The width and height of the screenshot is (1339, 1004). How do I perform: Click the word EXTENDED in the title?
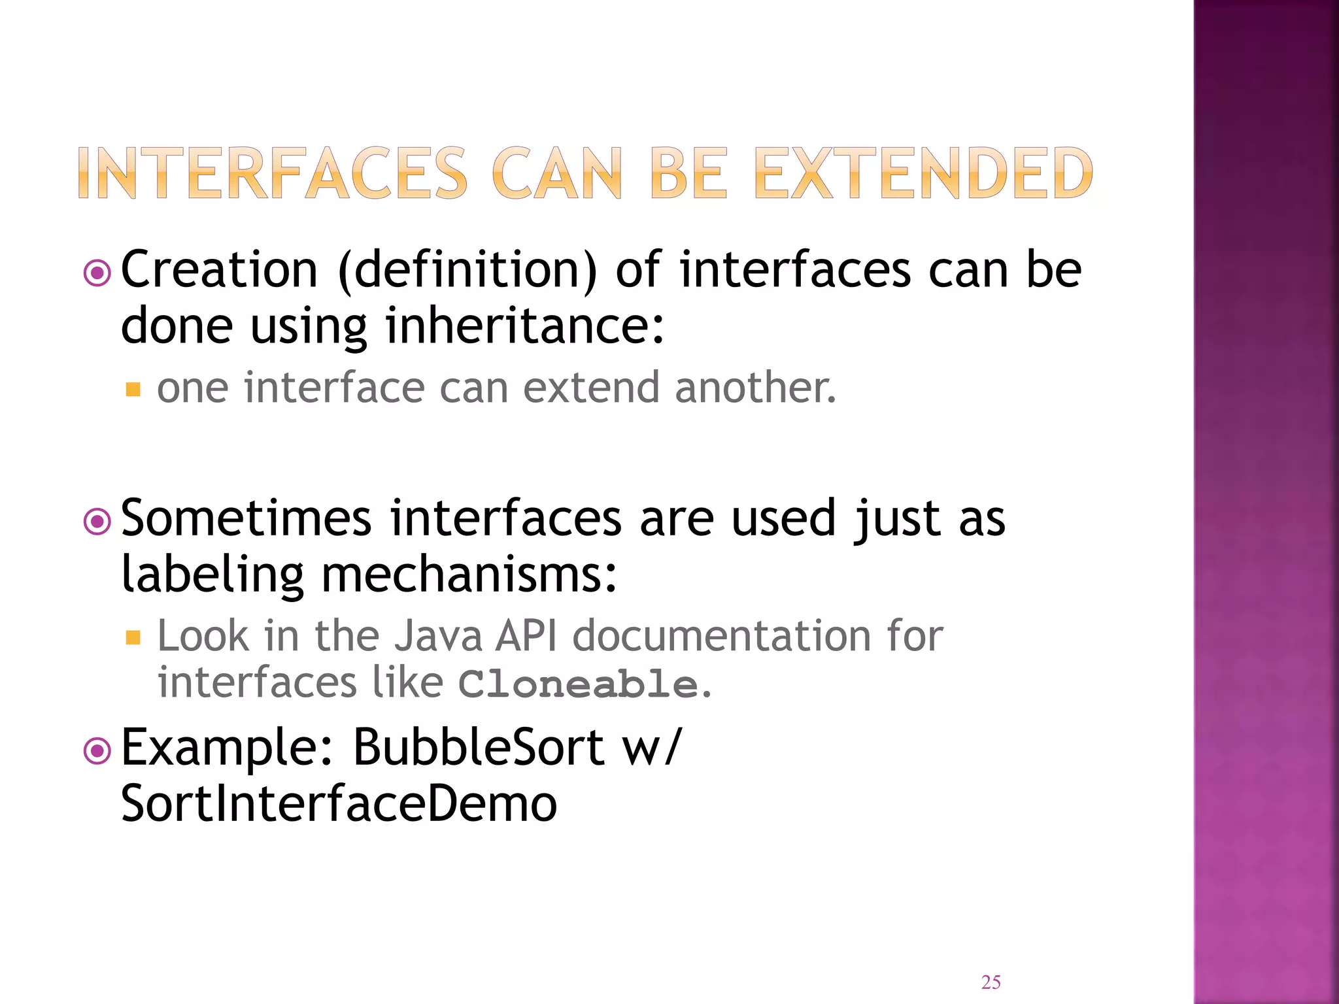pyautogui.click(x=923, y=173)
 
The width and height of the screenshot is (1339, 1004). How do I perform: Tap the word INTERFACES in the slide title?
pyautogui.click(x=272, y=173)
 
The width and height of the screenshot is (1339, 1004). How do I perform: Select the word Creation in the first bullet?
pyautogui.click(x=220, y=270)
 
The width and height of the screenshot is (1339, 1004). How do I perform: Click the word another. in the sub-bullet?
pyautogui.click(x=755, y=388)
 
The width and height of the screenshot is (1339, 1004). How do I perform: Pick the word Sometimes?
pyautogui.click(x=246, y=518)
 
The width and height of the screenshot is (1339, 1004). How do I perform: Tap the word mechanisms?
pyautogui.click(x=469, y=575)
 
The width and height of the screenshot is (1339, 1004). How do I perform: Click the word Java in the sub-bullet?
pyautogui.click(x=438, y=636)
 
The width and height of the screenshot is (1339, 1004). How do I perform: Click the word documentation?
pyautogui.click(x=721, y=636)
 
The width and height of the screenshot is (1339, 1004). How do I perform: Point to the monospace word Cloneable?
pyautogui.click(x=578, y=684)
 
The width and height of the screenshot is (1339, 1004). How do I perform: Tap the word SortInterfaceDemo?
pyautogui.click(x=339, y=803)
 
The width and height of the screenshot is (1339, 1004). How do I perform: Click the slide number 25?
pyautogui.click(x=991, y=982)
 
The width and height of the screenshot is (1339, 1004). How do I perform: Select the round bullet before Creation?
pyautogui.click(x=97, y=273)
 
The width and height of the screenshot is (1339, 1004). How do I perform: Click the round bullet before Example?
pyautogui.click(x=97, y=751)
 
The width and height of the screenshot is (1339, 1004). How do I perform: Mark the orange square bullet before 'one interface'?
pyautogui.click(x=133, y=390)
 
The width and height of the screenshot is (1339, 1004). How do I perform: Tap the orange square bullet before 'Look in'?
pyautogui.click(x=133, y=637)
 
